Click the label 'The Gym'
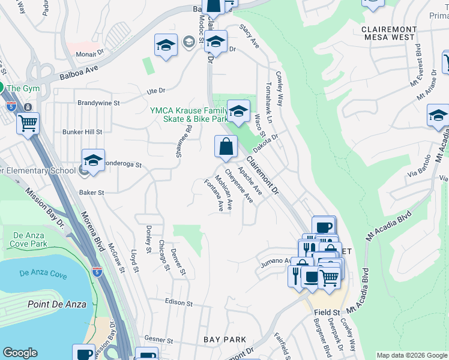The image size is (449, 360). [23, 88]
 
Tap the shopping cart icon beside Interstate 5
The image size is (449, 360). [28, 123]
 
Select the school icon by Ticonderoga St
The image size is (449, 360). [93, 161]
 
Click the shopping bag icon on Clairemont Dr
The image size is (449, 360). [226, 147]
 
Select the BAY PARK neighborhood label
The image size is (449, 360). [224, 340]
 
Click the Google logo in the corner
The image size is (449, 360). [20, 353]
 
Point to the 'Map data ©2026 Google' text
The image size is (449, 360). [411, 355]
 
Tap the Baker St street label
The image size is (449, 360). [92, 193]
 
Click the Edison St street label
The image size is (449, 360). [178, 304]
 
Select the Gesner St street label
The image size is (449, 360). [159, 339]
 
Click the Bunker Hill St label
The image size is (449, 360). [82, 131]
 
